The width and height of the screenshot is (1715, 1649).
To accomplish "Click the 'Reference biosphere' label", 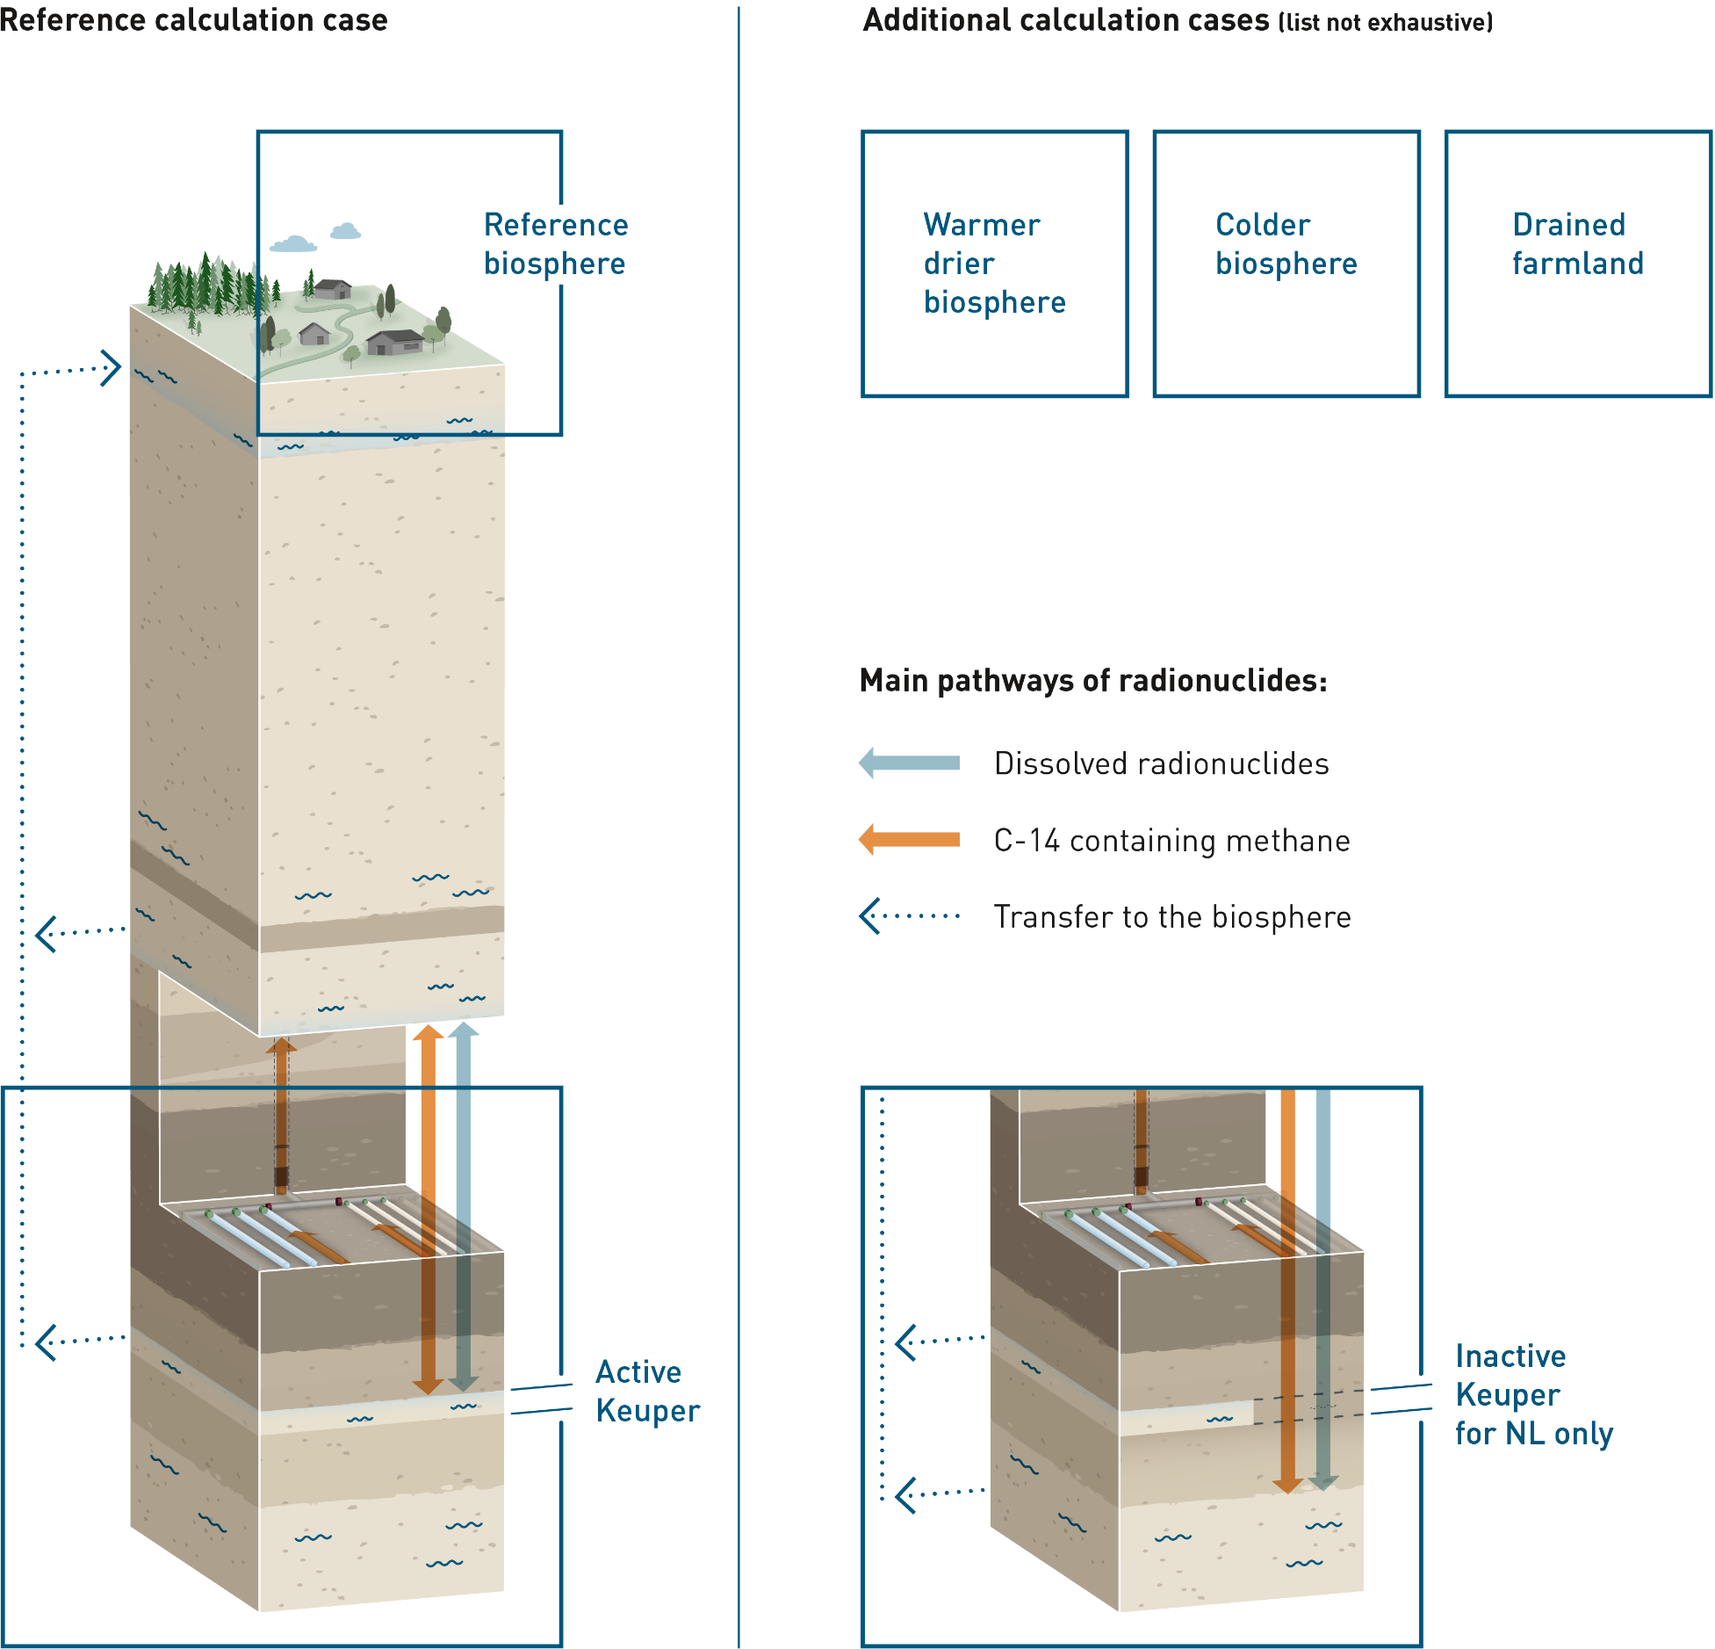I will coord(555,244).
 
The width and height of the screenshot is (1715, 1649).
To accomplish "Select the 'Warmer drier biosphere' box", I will coord(994,264).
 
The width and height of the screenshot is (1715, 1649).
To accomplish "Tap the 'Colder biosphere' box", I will coord(1286,264).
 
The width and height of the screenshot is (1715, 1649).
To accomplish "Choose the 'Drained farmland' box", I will coord(1577,264).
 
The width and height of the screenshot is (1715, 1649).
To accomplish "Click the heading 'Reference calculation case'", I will coord(194,19).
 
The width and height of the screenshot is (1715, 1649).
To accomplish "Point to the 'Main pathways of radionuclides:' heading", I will coord(1093,681).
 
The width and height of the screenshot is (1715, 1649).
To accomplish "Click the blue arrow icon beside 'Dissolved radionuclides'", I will coord(910,763).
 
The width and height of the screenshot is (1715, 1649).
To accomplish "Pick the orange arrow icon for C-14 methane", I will coord(910,840).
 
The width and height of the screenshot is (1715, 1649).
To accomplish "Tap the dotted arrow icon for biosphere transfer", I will coord(910,916).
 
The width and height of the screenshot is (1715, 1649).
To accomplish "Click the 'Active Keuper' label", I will coord(647,1391).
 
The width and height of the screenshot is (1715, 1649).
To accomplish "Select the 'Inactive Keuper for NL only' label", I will coord(1533,1394).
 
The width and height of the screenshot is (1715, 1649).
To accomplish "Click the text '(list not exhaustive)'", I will coord(1385,23).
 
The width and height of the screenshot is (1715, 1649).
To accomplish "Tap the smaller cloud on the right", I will coord(345,231).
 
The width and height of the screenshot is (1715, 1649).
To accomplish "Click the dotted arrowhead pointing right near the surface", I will coord(111,368).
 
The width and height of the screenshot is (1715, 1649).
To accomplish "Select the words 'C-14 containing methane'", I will coord(1171,841).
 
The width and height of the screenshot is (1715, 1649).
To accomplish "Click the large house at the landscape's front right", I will coord(396,342).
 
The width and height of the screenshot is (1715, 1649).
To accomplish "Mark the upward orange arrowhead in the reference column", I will coord(428,1034).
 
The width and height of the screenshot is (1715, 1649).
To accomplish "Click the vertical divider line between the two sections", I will coord(739,826).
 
